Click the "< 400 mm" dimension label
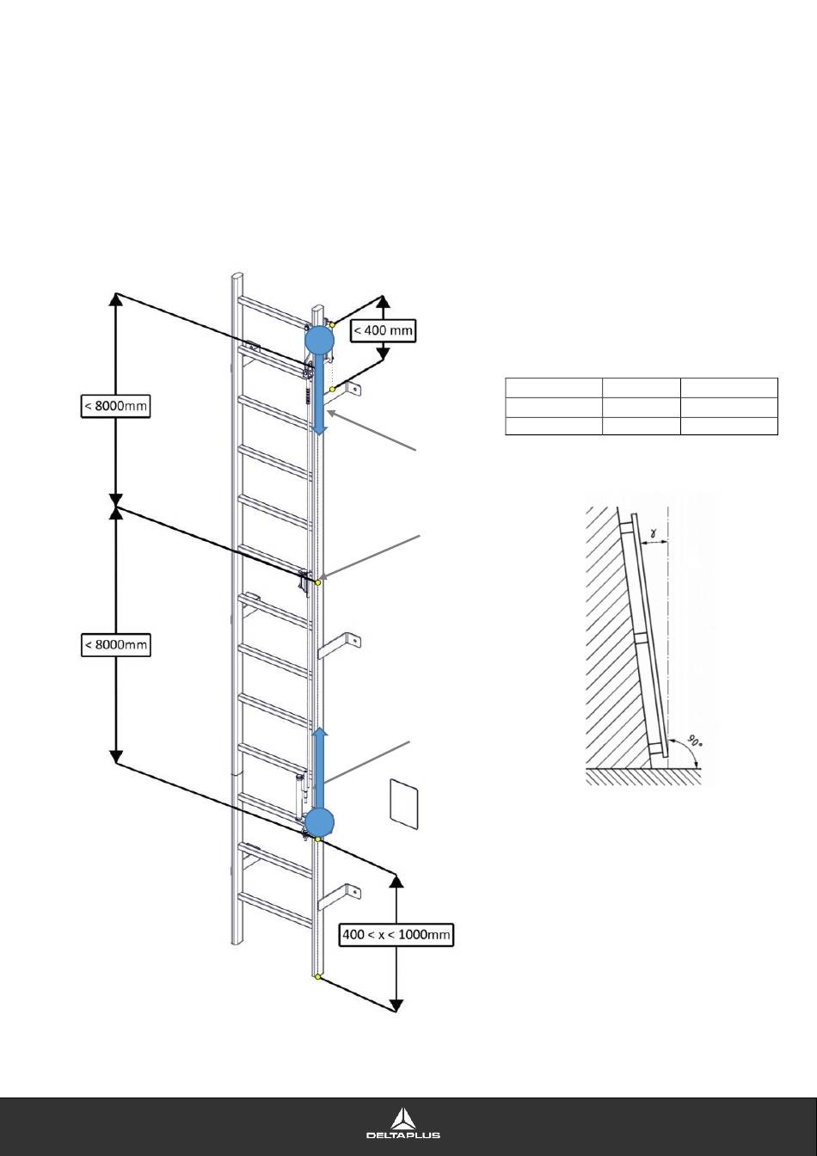click(384, 329)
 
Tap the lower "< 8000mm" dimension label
click(116, 644)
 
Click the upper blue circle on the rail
click(319, 341)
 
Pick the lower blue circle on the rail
click(319, 821)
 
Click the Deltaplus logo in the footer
click(403, 1123)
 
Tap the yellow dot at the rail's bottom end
click(318, 977)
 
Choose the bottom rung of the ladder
click(273, 907)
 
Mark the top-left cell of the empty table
click(553, 387)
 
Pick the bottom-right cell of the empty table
click(729, 426)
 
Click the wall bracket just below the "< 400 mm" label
click(348, 391)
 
